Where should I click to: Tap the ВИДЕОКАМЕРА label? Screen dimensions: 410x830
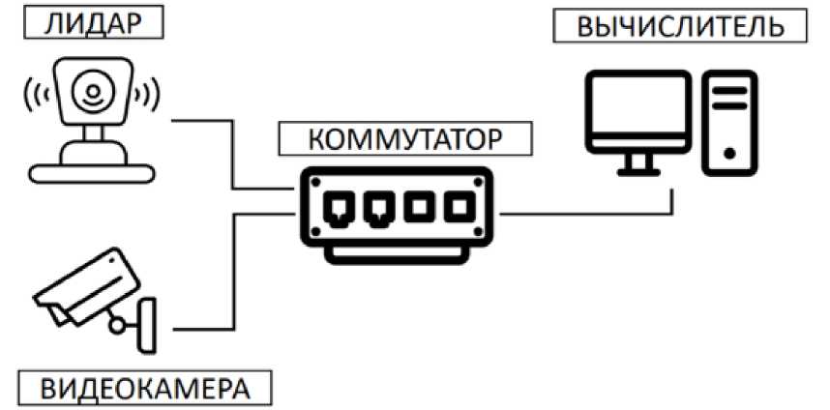click(x=144, y=389)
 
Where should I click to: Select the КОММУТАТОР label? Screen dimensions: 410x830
click(x=405, y=138)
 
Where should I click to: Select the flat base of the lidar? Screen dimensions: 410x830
click(x=91, y=172)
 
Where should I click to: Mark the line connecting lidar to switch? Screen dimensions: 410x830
click(x=233, y=155)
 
